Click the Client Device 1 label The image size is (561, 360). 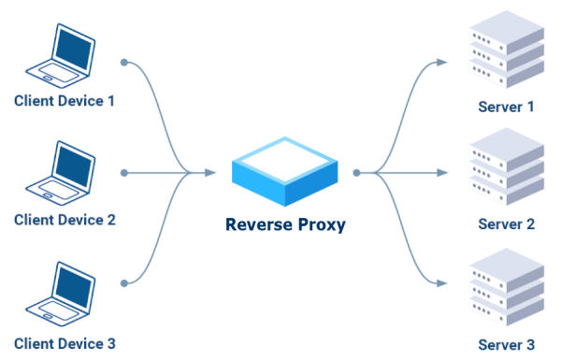(65, 101)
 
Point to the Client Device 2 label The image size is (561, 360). (65, 221)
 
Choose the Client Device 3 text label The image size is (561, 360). (65, 343)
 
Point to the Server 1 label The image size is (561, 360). (506, 106)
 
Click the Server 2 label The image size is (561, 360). (506, 224)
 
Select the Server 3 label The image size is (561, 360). (506, 343)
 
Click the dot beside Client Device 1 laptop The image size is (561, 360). (124, 63)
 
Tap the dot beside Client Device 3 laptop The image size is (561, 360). (124, 281)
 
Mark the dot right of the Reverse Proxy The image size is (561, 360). (356, 172)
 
